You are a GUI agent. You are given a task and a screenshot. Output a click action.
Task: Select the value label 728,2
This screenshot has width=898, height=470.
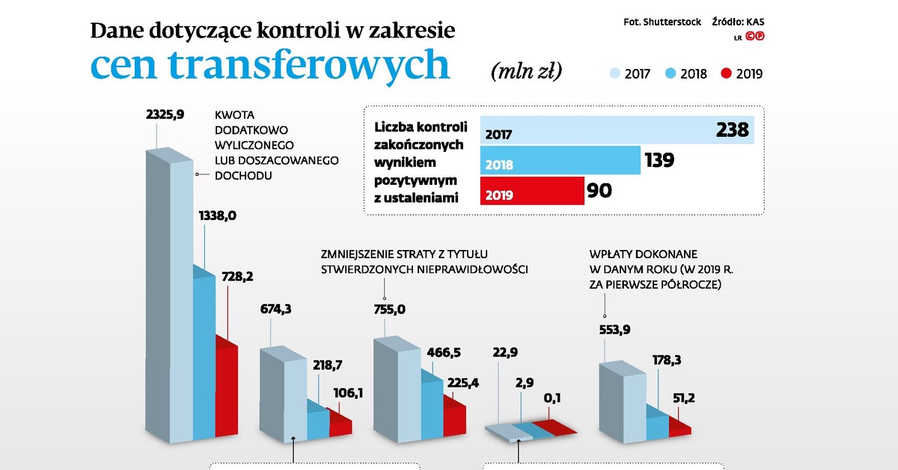236,277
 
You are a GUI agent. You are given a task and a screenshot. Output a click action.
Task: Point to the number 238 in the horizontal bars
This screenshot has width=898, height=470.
731,130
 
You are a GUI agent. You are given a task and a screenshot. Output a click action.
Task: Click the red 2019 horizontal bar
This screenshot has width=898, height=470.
531,192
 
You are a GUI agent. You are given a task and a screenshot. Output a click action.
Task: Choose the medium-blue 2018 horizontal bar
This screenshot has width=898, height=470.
560,161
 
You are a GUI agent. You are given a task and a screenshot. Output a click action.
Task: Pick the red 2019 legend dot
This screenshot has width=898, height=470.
725,73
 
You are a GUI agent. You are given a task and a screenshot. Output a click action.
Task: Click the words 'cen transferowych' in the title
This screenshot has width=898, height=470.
270,64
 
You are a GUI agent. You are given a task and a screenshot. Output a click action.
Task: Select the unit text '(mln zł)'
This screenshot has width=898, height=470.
526,70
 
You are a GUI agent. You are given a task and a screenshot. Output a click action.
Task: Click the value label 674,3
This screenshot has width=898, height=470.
275,308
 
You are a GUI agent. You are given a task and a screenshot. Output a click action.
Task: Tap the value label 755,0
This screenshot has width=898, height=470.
389,308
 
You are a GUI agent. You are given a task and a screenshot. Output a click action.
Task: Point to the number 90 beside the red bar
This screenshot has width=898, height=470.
599,191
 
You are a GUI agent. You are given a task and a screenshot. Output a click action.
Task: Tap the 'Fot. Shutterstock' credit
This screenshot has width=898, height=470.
662,22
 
